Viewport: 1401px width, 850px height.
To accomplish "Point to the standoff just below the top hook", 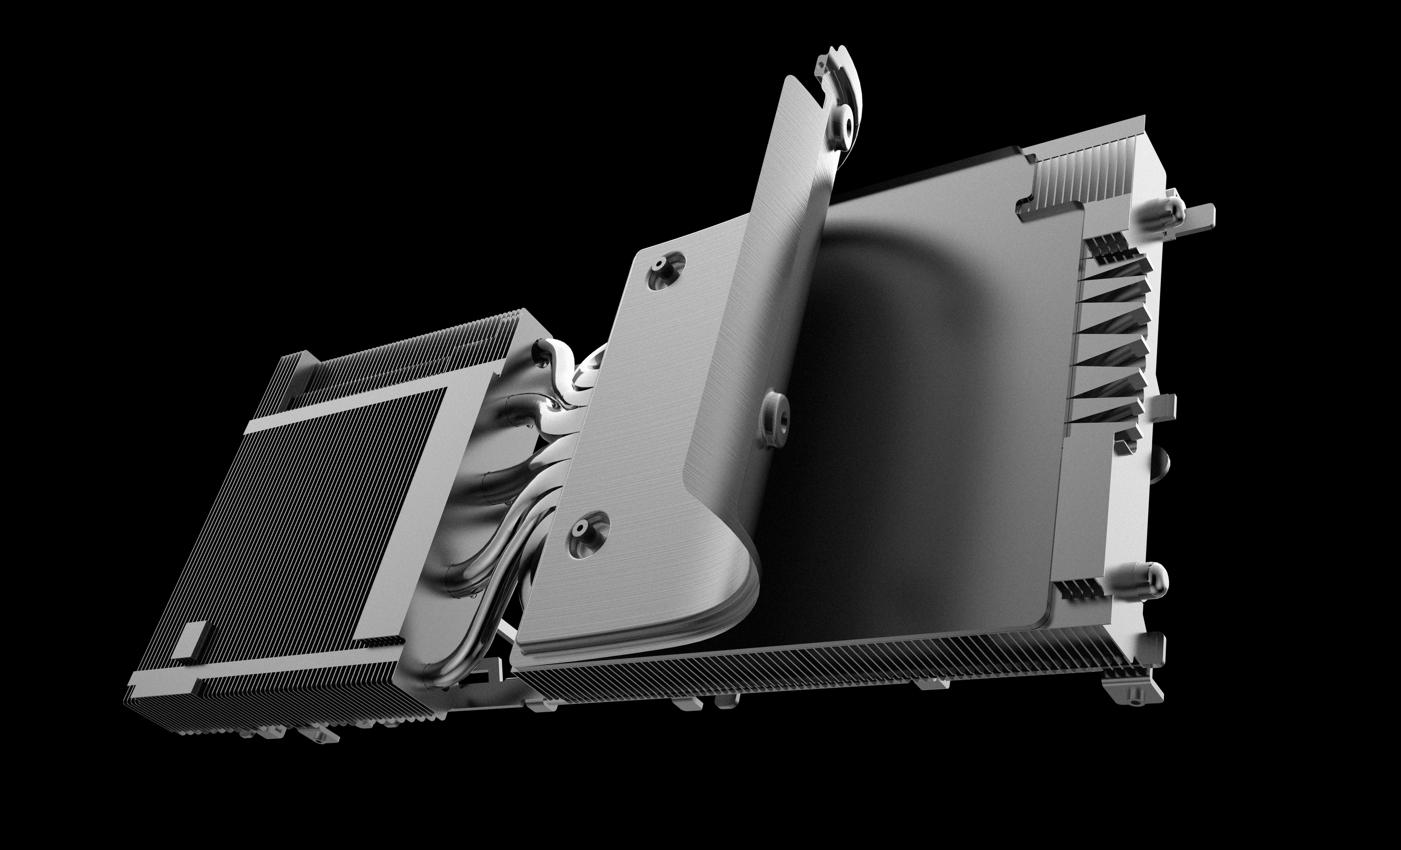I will tap(844, 126).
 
